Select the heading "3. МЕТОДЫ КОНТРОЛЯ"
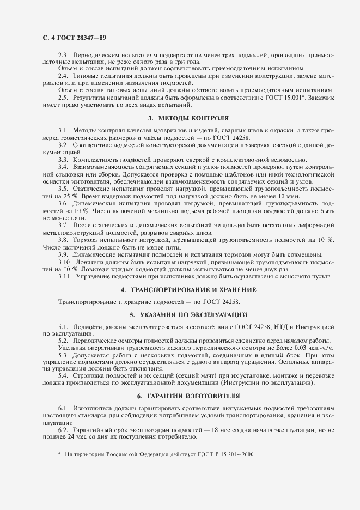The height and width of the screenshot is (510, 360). tap(188, 118)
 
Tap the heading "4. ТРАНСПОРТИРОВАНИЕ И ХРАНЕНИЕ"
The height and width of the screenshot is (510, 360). tap(188, 289)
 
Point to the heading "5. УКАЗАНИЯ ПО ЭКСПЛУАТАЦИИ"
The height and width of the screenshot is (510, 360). tap(188, 314)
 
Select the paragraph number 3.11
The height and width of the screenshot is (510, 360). tap(65, 276)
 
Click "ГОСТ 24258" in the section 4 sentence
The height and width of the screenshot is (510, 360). tap(221, 301)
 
